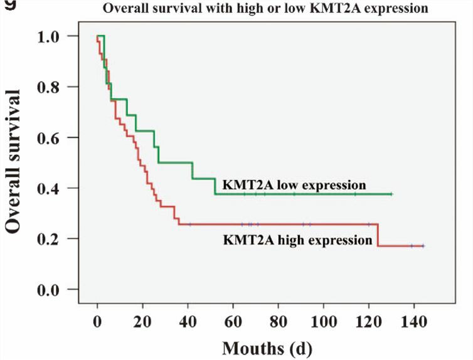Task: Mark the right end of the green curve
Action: tap(391, 194)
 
